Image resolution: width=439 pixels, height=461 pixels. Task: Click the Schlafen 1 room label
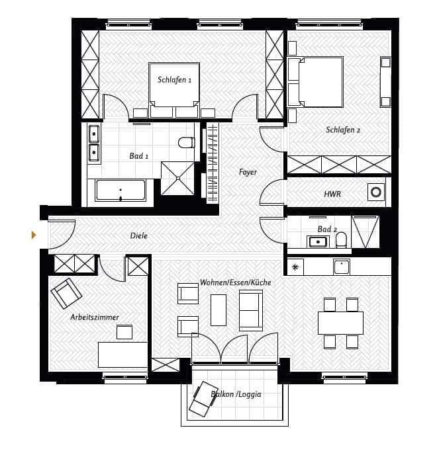tap(175, 79)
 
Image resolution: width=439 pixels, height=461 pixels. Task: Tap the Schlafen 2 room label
tap(343, 130)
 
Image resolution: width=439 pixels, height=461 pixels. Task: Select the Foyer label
tap(248, 172)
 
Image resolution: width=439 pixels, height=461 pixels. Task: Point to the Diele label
tap(138, 235)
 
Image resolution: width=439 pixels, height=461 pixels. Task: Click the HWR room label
tap(332, 194)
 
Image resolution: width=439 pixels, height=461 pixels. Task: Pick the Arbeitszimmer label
tap(95, 317)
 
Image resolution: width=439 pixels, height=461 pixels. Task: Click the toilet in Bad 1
tap(186, 143)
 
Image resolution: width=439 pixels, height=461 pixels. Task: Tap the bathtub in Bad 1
tap(121, 190)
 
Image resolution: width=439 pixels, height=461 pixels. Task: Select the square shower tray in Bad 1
tap(177, 178)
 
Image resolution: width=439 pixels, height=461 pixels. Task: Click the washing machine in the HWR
tap(376, 192)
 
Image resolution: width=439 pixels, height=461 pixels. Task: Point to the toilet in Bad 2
tap(341, 239)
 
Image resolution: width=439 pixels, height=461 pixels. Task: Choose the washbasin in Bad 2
tap(317, 241)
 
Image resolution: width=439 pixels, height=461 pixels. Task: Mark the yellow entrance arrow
tap(34, 235)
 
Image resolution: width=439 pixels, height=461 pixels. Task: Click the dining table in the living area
tap(341, 323)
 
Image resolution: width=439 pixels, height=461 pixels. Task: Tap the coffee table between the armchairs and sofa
tap(219, 310)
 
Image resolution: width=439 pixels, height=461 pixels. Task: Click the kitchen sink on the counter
tap(342, 267)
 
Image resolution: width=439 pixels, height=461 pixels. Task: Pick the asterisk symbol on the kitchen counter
tap(295, 267)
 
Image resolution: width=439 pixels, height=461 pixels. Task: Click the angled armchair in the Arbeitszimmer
tap(66, 294)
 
